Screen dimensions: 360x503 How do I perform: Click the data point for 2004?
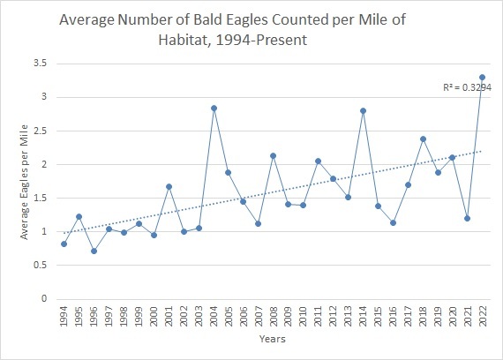[214, 109]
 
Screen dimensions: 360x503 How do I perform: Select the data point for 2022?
[482, 78]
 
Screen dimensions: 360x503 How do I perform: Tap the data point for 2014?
[363, 110]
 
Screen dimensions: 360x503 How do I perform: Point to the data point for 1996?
[94, 251]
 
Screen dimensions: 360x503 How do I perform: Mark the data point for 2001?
[169, 186]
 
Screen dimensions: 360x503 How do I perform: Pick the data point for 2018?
[423, 139]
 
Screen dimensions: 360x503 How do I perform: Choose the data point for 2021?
[467, 218]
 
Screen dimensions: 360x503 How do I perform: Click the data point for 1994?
[64, 244]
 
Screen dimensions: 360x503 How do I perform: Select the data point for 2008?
[273, 155]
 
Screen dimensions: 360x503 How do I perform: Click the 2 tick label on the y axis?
[41, 164]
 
